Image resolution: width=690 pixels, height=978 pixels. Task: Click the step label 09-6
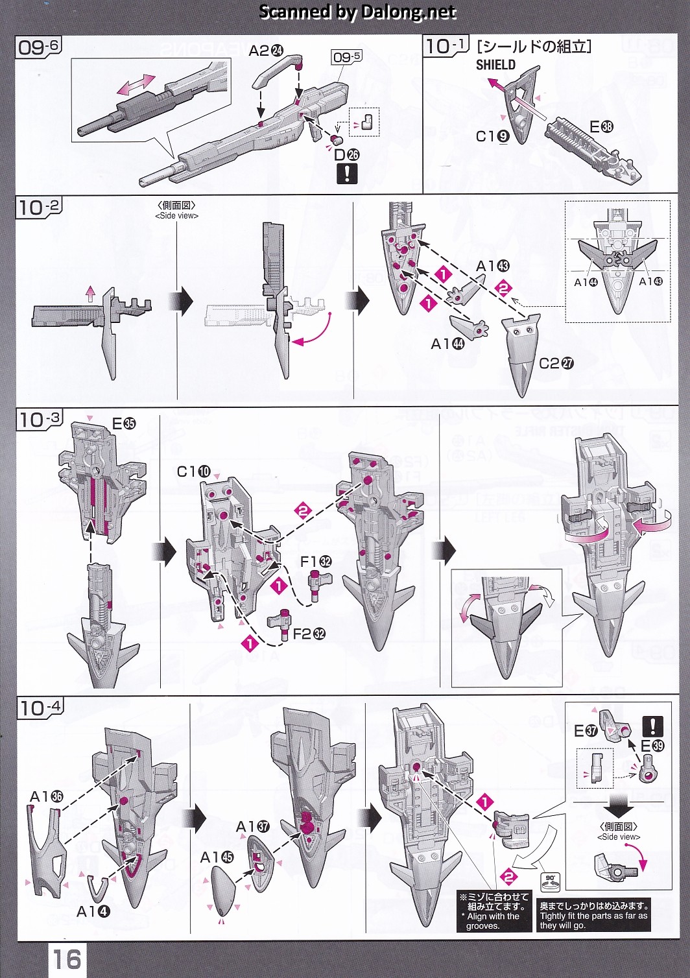click(39, 47)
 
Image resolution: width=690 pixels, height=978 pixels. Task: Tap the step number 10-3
click(39, 420)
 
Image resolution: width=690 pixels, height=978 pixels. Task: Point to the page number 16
click(67, 959)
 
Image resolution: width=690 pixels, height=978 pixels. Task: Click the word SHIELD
click(495, 65)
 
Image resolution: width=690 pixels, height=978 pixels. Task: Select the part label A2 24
click(266, 50)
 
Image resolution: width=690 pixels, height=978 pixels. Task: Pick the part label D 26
click(346, 154)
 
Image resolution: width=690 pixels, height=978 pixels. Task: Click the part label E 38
click(601, 127)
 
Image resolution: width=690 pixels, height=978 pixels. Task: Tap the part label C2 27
click(556, 363)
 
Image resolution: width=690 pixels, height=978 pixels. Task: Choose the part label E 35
click(124, 424)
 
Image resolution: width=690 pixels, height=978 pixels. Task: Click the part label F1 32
click(316, 562)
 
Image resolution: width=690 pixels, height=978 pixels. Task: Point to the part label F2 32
click(309, 634)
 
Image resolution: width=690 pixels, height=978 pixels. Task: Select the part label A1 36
click(47, 796)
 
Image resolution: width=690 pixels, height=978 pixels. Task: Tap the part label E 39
click(652, 746)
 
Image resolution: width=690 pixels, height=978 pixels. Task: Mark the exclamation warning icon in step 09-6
click(347, 173)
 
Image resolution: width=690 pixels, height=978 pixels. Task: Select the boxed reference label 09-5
click(346, 57)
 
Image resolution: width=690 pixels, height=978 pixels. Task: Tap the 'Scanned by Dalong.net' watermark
click(357, 12)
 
